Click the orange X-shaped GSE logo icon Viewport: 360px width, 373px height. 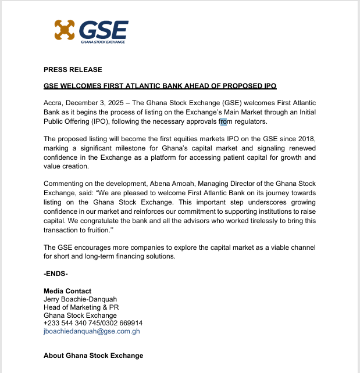[65, 31]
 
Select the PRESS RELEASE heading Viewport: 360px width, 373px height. [73, 70]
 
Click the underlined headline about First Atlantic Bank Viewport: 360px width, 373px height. [160, 86]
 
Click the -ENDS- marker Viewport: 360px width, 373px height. [56, 273]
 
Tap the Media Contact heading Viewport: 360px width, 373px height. [67, 291]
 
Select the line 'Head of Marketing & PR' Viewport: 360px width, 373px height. [81, 307]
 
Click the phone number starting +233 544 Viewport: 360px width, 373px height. [93, 323]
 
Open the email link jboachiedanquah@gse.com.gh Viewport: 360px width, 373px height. [92, 331]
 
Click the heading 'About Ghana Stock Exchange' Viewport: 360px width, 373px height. [93, 356]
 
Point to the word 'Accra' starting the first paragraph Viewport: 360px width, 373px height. [54, 102]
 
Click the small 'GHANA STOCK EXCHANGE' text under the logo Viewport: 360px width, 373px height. [103, 42]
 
